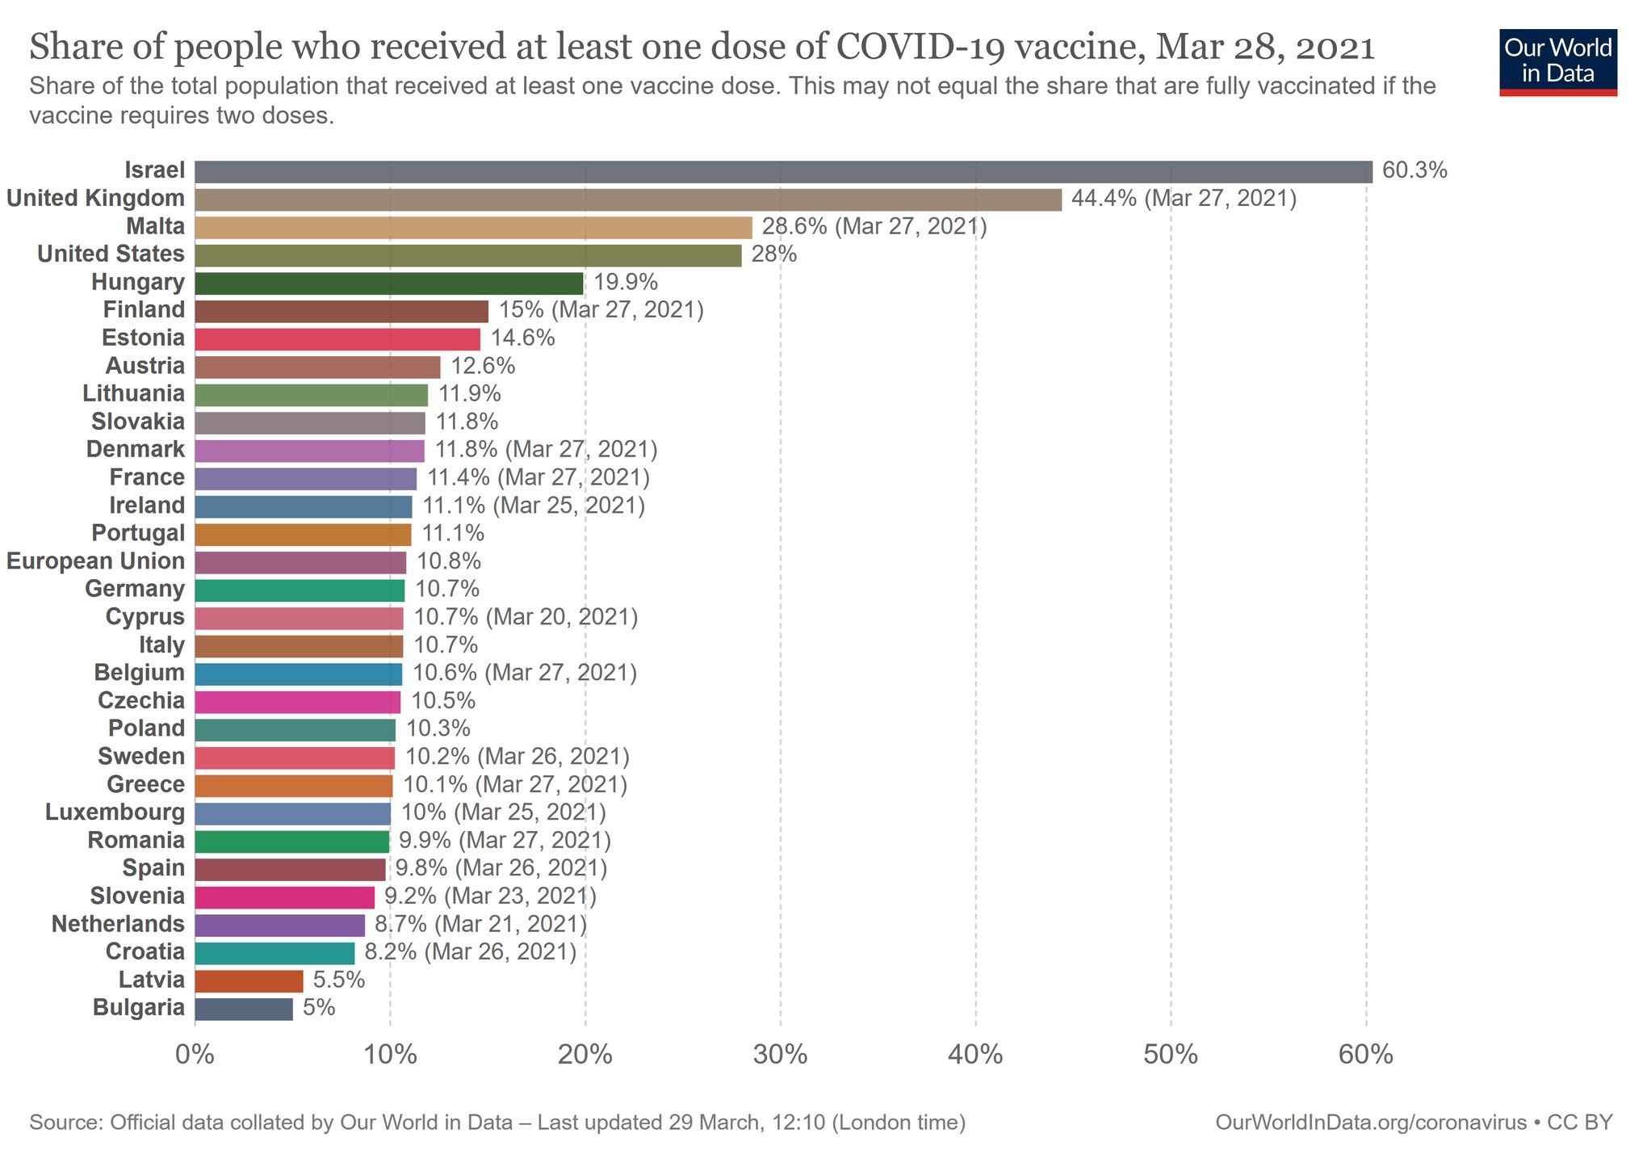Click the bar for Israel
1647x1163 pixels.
click(x=783, y=171)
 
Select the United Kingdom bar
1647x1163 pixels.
click(x=628, y=199)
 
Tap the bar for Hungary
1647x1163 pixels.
click(x=388, y=283)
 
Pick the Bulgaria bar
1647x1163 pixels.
click(x=244, y=1009)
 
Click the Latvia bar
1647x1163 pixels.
click(x=249, y=980)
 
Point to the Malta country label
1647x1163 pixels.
click(x=155, y=227)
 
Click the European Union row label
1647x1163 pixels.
click(x=96, y=561)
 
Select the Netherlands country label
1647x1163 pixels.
click(x=118, y=924)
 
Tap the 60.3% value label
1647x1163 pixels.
click(x=1414, y=170)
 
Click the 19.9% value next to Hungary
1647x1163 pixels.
click(x=626, y=283)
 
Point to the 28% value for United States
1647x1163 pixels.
click(x=774, y=254)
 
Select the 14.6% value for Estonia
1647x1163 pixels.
click(x=523, y=338)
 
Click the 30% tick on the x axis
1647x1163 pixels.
click(x=781, y=1055)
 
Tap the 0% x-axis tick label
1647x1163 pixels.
click(x=195, y=1055)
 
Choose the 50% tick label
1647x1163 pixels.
click(x=1171, y=1055)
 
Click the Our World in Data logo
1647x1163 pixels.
click(x=1557, y=62)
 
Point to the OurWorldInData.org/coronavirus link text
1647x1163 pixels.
click(x=1370, y=1123)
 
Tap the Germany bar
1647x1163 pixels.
click(x=300, y=590)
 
